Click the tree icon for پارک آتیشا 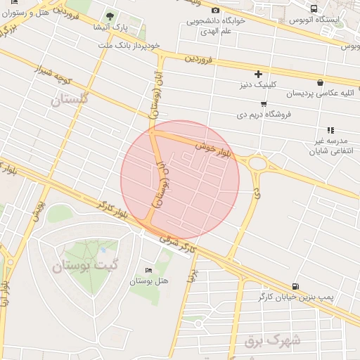coord(109,16)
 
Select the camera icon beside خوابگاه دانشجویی coord(215,10)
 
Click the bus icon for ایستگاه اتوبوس coord(312,9)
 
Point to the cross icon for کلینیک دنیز coord(258,74)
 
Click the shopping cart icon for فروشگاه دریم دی coord(263,103)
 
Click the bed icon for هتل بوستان coord(148,271)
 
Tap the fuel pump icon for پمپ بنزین coord(294,286)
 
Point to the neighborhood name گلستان coord(71,99)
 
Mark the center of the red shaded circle coord(180,180)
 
